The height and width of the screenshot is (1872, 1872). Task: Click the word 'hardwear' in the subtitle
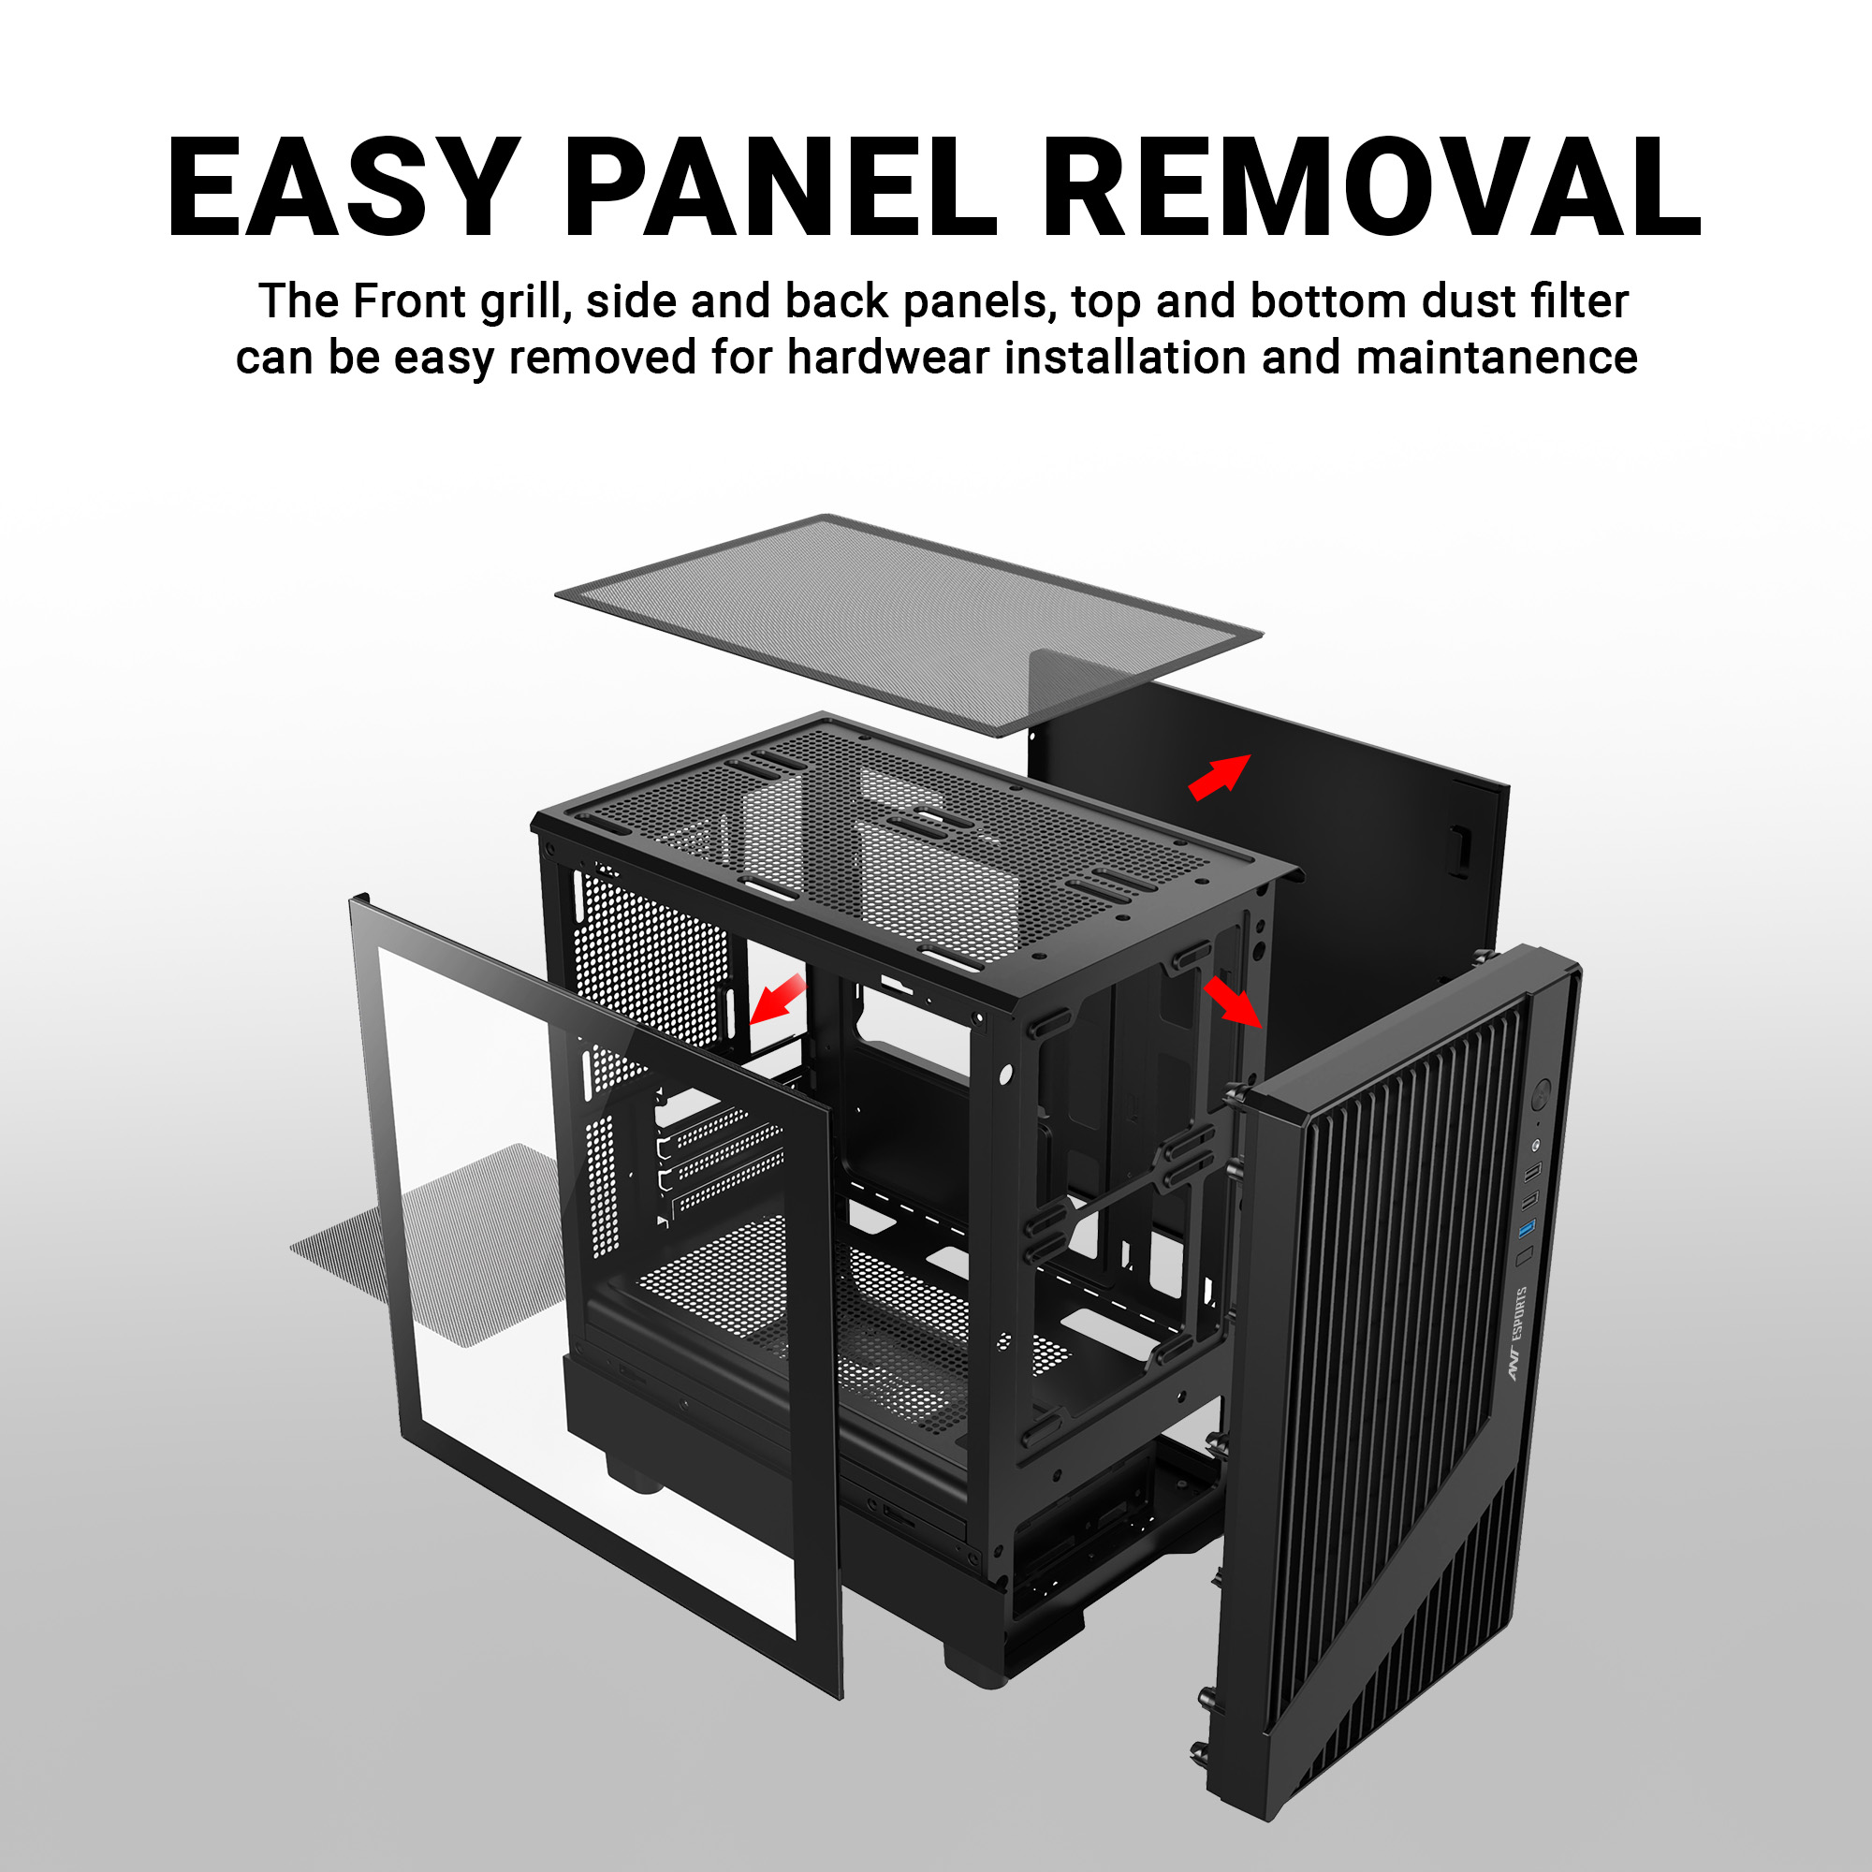(x=888, y=358)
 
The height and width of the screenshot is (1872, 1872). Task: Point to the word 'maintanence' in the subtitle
(x=1497, y=358)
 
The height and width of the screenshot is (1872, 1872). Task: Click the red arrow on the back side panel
(x=1219, y=776)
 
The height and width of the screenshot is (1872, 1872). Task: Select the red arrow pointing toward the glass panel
(x=776, y=999)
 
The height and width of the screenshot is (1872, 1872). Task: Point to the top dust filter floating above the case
(x=909, y=624)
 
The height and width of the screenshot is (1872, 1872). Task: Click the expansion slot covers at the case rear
(x=719, y=1158)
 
